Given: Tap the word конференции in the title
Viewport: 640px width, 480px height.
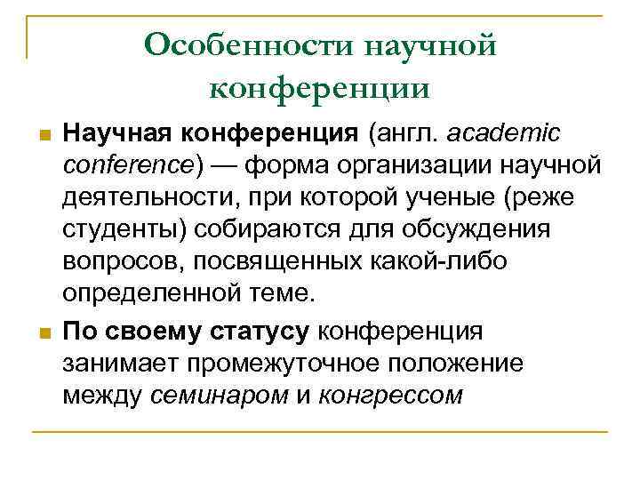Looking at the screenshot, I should tap(320, 86).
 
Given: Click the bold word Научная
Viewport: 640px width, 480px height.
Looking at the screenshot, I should tap(116, 133).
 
